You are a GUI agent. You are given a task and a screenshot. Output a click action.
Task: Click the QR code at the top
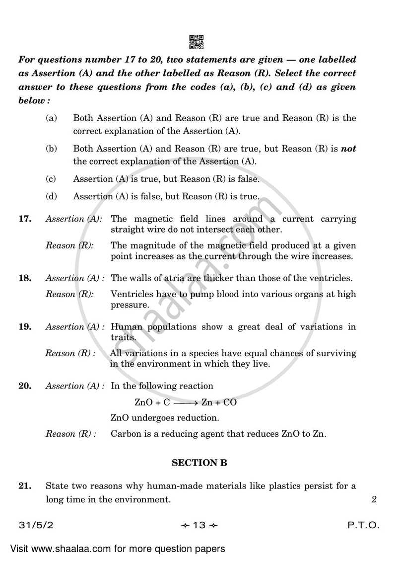pyautogui.click(x=197, y=42)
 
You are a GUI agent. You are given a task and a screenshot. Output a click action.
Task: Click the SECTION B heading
pyautogui.click(x=199, y=463)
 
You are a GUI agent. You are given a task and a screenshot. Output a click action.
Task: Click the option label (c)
pyautogui.click(x=51, y=179)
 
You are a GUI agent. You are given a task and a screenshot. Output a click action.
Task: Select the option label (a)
pyautogui.click(x=51, y=118)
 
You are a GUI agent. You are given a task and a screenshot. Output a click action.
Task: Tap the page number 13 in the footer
pyautogui.click(x=198, y=526)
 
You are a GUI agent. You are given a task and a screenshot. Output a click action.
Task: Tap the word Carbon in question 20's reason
pyautogui.click(x=125, y=434)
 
